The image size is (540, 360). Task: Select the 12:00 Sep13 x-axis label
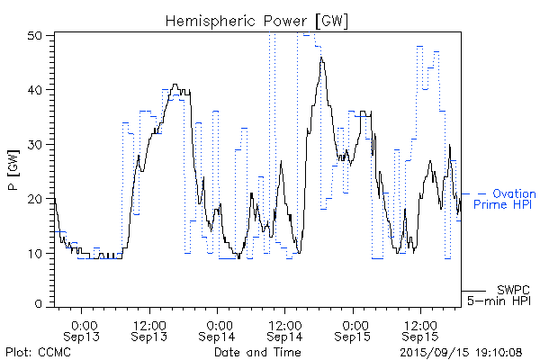tap(149, 330)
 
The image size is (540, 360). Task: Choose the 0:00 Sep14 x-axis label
tap(217, 330)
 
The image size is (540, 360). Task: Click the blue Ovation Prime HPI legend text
tap(504, 199)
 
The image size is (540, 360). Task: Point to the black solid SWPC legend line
tap(474, 290)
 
